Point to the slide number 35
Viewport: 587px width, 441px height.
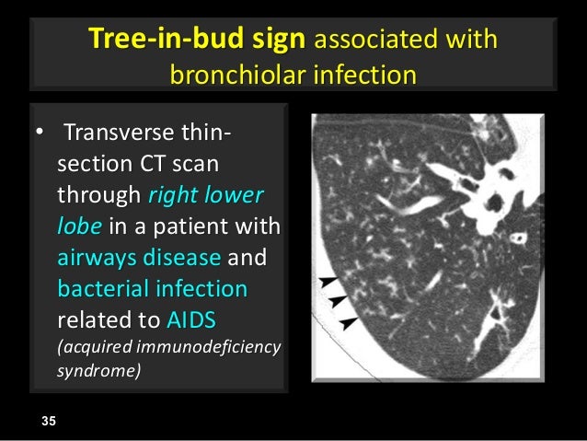tap(49, 421)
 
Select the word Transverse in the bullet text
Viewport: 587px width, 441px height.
tap(123, 138)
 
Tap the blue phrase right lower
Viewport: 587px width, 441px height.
tap(205, 196)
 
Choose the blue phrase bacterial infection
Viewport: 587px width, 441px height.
tap(153, 289)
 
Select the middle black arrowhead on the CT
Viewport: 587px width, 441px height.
tap(337, 301)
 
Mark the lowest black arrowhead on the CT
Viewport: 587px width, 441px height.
tap(348, 321)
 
